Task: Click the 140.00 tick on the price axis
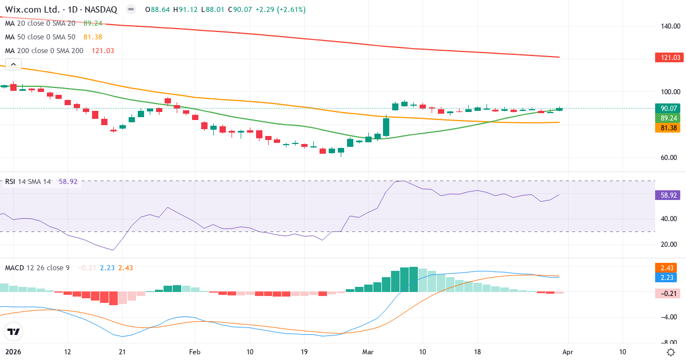[x=669, y=26]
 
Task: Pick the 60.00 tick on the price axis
[x=669, y=158]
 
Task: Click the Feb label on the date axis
[x=196, y=352]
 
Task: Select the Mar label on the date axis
[x=368, y=352]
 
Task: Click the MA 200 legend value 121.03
[x=103, y=51]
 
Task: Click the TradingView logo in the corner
[x=14, y=331]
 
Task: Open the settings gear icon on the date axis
[x=671, y=352]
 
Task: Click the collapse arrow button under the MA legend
[x=13, y=63]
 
